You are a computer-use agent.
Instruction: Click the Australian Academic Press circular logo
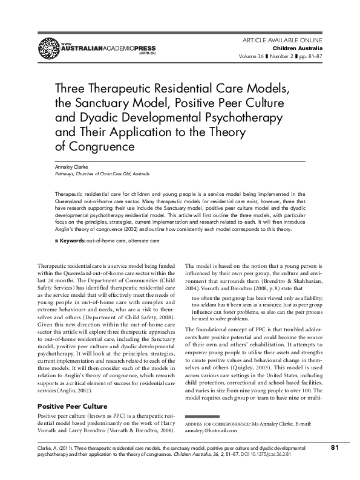point(48,46)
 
